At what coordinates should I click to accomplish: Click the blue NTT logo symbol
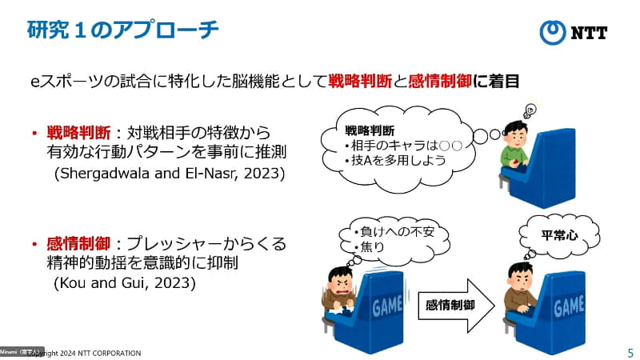pos(553,33)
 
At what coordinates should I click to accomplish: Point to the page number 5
pos(630,352)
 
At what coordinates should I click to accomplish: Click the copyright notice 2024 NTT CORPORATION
pos(89,352)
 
